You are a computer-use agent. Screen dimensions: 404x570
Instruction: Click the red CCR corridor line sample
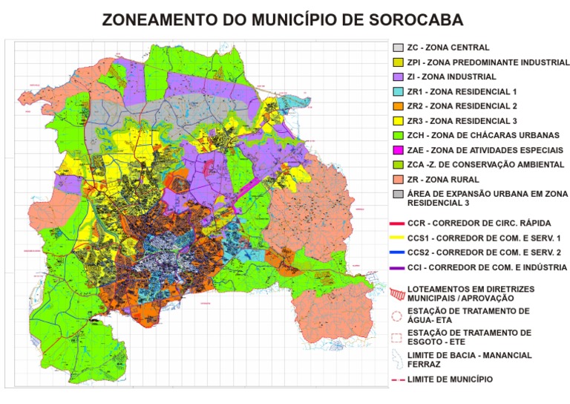point(398,223)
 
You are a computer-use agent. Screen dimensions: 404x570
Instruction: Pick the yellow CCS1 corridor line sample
point(398,238)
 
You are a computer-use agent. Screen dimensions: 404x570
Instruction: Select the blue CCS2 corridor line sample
point(398,252)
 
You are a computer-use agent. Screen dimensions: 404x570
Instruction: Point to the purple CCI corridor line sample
point(398,267)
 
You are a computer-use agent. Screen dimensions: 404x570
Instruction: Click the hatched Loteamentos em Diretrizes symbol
point(398,292)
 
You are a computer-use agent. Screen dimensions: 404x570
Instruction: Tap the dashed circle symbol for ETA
point(398,316)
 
